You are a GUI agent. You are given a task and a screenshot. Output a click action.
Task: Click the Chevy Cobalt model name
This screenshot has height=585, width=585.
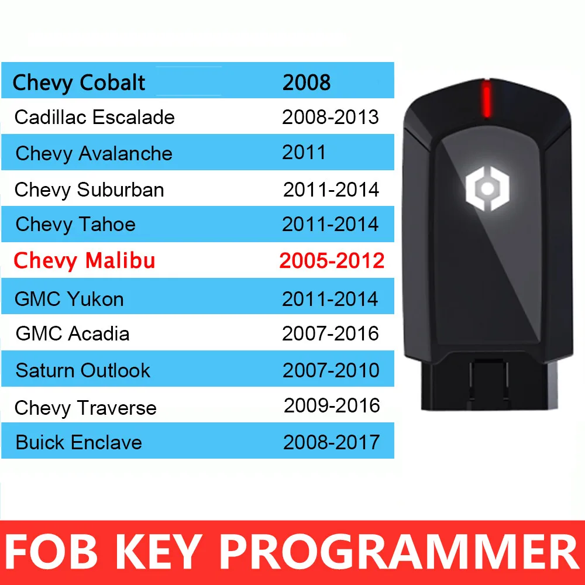78,82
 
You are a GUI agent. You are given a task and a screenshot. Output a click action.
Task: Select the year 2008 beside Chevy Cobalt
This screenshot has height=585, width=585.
307,82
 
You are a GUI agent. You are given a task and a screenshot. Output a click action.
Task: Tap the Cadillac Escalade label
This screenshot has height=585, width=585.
95,117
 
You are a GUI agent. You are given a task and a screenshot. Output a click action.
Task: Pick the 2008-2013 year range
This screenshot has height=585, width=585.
331,117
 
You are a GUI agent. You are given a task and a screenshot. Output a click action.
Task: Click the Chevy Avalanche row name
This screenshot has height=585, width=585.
94,153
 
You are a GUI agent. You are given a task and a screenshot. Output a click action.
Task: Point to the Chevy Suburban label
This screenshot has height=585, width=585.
90,190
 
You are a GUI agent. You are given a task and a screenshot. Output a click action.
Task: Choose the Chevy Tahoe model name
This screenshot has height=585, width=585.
75,224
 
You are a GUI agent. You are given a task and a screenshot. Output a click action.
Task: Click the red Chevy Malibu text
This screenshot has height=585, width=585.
84,260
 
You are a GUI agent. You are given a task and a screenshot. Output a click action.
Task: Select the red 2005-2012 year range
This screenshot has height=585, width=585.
332,260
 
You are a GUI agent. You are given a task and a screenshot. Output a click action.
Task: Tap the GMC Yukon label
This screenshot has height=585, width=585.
70,299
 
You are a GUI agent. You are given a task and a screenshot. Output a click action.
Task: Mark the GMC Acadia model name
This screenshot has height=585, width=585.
73,333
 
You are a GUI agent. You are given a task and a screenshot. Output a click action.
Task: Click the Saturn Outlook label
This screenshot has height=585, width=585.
83,370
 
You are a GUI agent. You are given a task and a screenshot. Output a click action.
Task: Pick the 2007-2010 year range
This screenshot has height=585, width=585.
331,370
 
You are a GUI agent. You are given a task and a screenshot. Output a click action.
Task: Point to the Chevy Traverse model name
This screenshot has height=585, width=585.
85,408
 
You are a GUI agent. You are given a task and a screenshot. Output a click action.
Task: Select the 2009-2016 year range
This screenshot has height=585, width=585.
332,405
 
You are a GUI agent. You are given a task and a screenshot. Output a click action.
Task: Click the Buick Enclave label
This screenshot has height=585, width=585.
79,442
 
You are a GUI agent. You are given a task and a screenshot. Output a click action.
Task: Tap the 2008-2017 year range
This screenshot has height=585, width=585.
332,442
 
